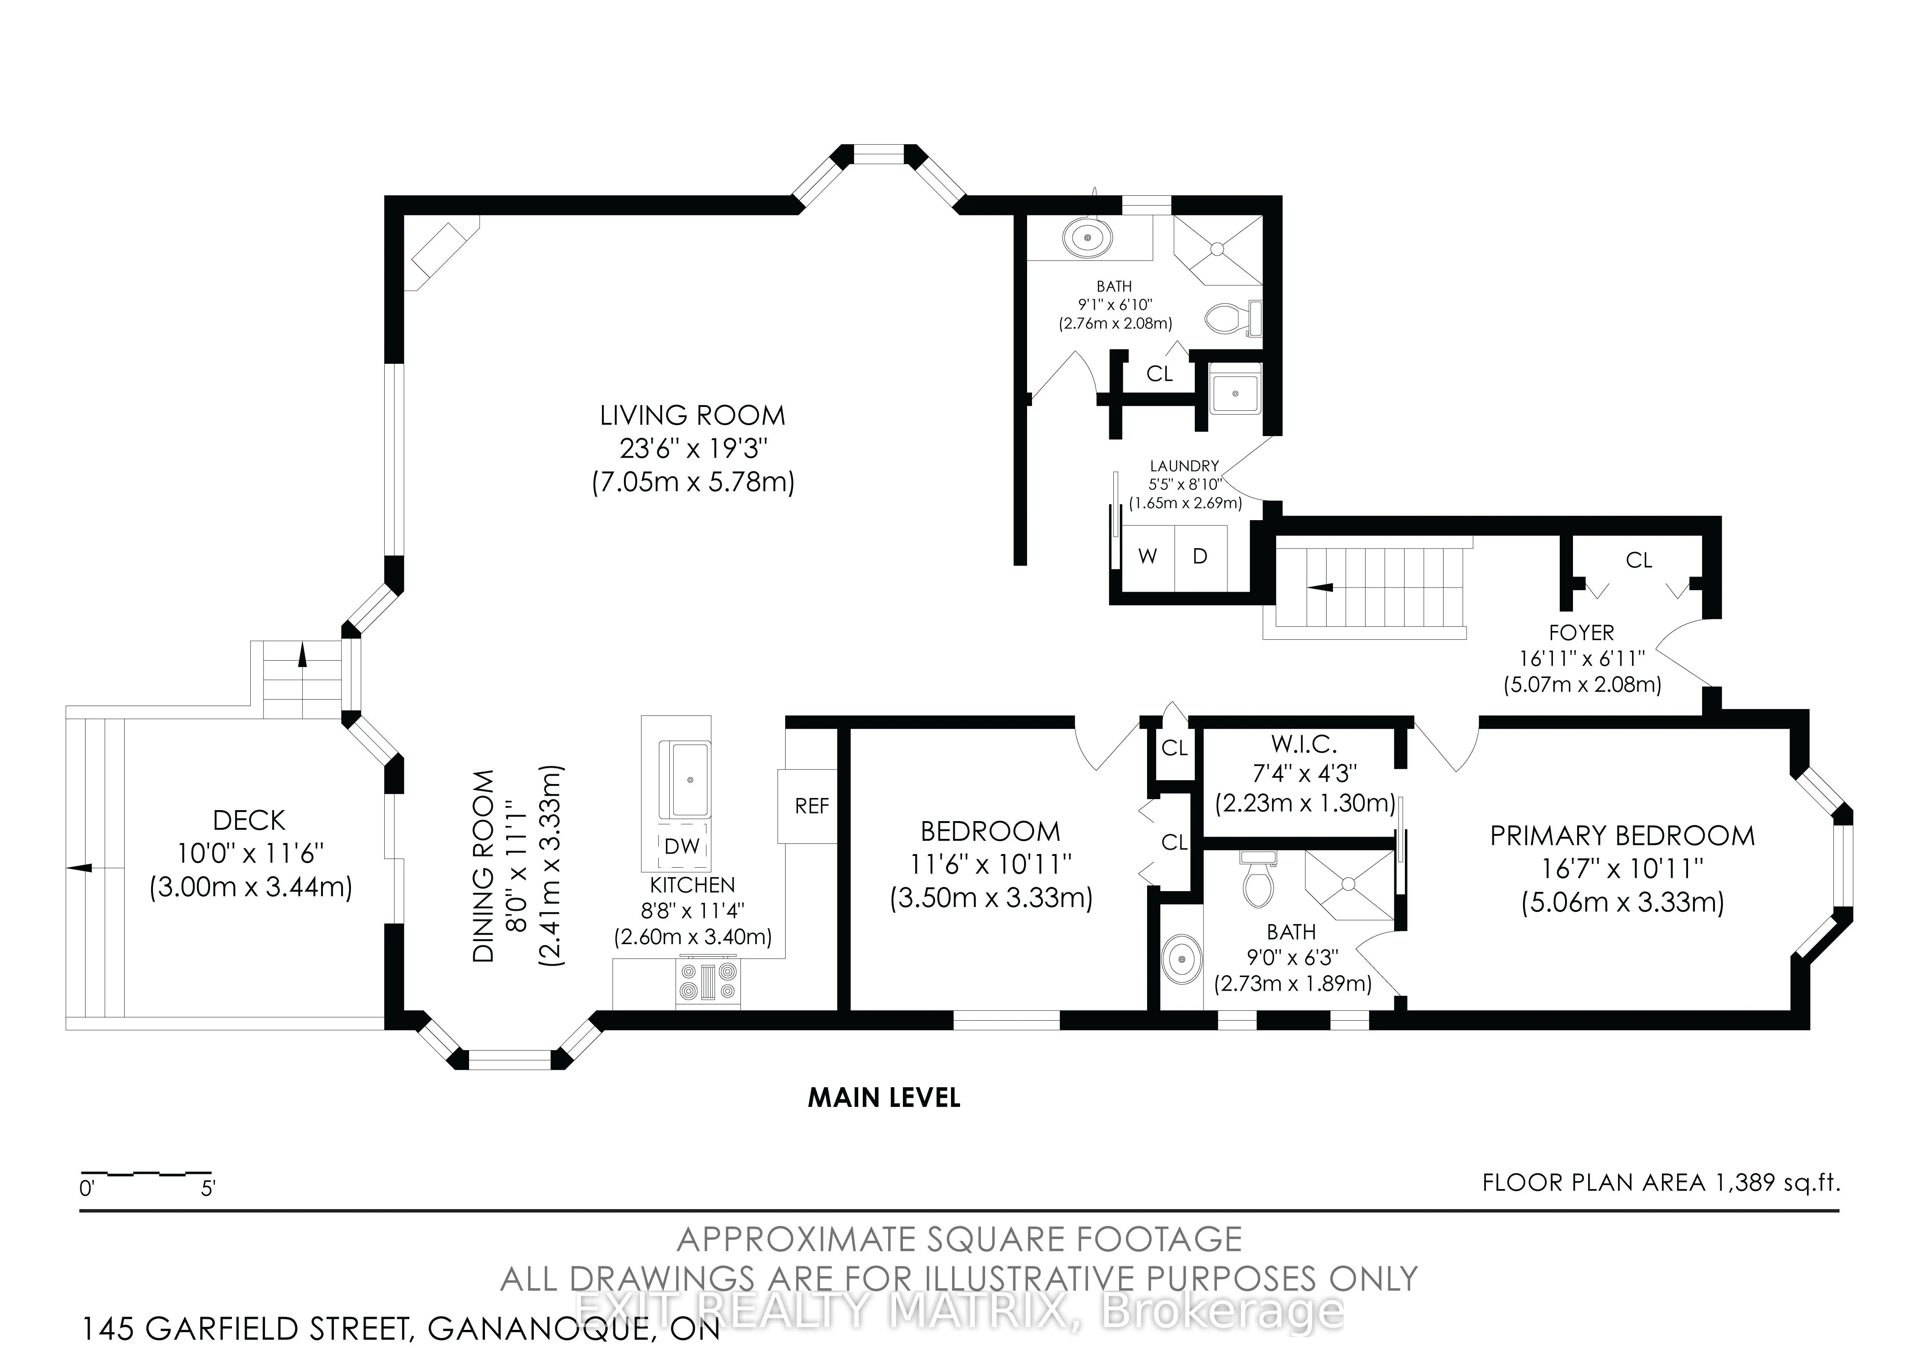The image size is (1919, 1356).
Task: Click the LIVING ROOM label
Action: tap(693, 416)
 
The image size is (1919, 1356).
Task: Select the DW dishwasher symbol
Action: tap(682, 846)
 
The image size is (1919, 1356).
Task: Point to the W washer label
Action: tap(1147, 556)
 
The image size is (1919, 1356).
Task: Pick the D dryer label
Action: tap(1200, 556)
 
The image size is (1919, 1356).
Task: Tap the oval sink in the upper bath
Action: tap(1088, 238)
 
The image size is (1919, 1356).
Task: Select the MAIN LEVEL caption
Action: tap(884, 1098)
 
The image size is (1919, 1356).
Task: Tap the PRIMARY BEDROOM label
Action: tap(1622, 836)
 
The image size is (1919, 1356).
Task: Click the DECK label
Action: tap(249, 820)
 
